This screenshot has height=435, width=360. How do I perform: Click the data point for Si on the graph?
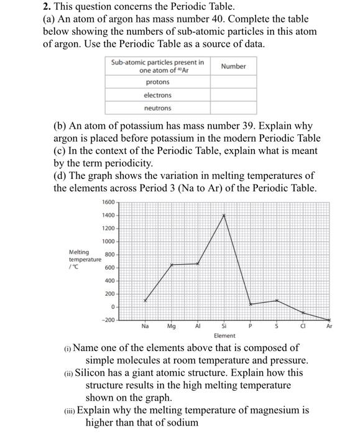(x=224, y=215)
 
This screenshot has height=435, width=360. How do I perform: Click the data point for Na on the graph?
(x=145, y=300)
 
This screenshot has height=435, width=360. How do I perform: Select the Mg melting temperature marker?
(x=172, y=265)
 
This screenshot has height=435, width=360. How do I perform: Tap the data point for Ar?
(x=330, y=320)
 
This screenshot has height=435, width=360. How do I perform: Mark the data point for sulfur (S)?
(x=277, y=301)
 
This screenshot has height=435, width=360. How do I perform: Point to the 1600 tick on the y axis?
(x=109, y=203)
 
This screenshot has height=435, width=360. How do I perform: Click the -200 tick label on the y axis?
(x=109, y=319)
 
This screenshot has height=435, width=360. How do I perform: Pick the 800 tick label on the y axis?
(x=110, y=254)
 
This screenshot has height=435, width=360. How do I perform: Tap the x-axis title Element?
(x=224, y=336)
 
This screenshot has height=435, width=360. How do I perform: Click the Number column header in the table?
(x=234, y=66)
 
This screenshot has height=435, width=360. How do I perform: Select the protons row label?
(x=158, y=82)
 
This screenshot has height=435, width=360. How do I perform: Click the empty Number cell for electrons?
(x=234, y=95)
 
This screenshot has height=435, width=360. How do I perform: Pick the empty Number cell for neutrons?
(x=234, y=108)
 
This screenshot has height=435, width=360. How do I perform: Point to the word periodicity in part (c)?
(x=126, y=163)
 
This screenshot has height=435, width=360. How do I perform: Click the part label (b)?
(x=61, y=126)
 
